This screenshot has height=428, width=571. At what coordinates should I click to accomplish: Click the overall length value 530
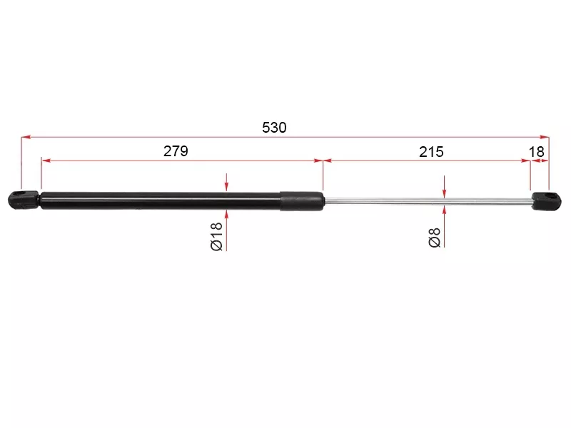click(274, 128)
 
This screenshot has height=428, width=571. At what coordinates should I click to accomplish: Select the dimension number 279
click(176, 151)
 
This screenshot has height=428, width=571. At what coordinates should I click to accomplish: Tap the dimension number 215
click(431, 152)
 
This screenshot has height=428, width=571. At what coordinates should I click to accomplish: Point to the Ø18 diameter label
click(216, 237)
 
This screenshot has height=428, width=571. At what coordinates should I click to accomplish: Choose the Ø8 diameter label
click(435, 238)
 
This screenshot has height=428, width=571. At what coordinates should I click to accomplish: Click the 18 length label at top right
click(537, 152)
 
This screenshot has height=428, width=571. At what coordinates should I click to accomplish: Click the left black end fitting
click(24, 200)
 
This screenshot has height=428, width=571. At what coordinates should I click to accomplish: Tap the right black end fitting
click(546, 201)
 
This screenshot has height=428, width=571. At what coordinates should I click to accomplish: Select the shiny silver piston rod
click(428, 201)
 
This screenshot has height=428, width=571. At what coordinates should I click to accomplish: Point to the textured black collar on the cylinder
click(302, 201)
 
